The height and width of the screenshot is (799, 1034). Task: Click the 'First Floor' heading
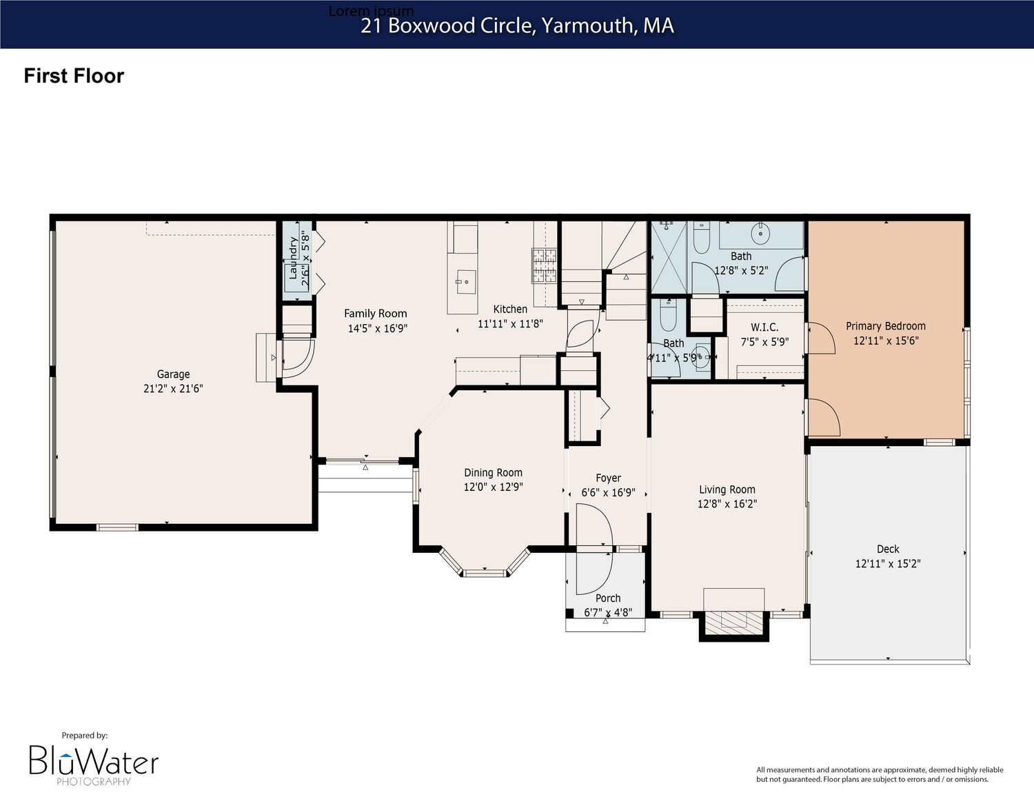[x=74, y=76]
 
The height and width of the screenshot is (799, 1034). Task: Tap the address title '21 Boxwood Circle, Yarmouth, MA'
[x=517, y=26]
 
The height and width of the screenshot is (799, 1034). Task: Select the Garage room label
[x=173, y=374]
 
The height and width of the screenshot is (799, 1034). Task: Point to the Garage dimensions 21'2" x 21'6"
[x=173, y=388]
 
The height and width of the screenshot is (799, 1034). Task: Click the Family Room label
[x=376, y=314]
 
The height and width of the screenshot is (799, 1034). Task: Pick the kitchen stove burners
[x=544, y=265]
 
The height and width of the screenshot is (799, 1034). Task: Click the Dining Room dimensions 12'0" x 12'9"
[x=494, y=487]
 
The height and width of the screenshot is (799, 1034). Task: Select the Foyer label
[x=608, y=478]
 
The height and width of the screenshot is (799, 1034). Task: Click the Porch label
[x=608, y=598]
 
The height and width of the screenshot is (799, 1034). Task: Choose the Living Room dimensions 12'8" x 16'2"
[x=727, y=503]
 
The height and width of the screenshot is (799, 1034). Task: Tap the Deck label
[x=888, y=549]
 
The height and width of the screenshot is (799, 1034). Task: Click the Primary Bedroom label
[x=886, y=326]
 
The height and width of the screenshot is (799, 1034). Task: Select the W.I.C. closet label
[x=764, y=327]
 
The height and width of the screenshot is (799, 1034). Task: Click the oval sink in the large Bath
[x=760, y=234]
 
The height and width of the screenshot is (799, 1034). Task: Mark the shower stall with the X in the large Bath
[x=669, y=257]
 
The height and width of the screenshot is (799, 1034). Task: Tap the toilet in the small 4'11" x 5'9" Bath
[x=669, y=316]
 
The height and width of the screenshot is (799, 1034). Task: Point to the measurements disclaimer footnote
[x=880, y=774]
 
